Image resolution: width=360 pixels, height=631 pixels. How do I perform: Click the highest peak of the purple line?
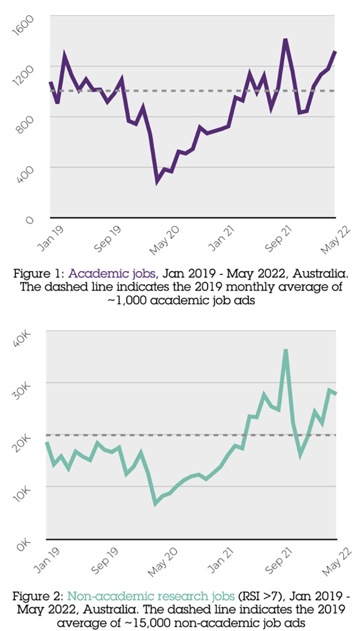[285, 40]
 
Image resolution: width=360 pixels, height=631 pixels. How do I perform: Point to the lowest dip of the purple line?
[157, 182]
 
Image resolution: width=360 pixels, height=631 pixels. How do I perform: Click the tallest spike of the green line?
[286, 350]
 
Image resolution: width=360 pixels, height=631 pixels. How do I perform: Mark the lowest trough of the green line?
[156, 503]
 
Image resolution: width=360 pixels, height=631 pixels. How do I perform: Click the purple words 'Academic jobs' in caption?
[112, 274]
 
